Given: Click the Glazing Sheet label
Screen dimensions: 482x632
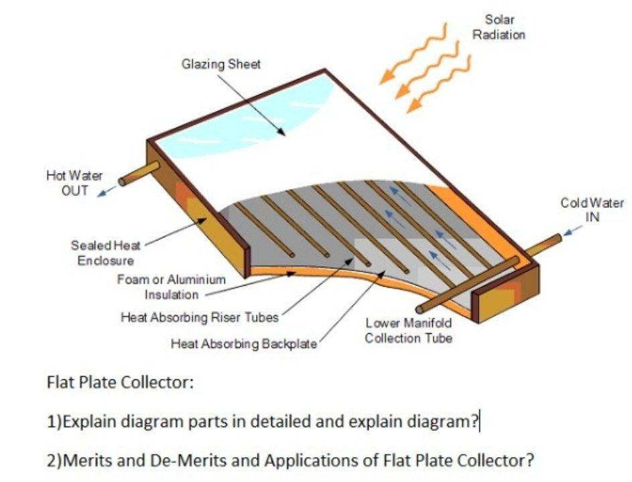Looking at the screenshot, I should point(220,64).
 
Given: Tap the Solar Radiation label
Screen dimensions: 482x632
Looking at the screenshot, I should point(499,27).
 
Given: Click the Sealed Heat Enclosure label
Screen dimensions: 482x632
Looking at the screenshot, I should point(102,253).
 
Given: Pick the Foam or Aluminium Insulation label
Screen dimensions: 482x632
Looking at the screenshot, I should point(172,287).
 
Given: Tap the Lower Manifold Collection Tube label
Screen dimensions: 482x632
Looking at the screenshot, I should point(408,330).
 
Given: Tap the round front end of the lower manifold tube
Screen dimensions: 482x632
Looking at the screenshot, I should point(420,310).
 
